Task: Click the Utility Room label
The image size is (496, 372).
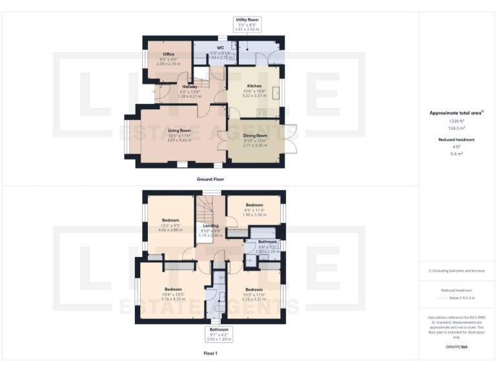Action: pyautogui.click(x=247, y=20)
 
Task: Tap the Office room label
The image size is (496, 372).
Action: pyautogui.click(x=169, y=54)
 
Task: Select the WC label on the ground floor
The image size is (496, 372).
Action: pyautogui.click(x=220, y=48)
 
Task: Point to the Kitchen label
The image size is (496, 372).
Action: pyautogui.click(x=254, y=86)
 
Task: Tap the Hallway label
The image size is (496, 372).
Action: pyautogui.click(x=189, y=87)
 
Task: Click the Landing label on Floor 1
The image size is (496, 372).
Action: pyautogui.click(x=210, y=225)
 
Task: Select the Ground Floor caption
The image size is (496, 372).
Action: pyautogui.click(x=210, y=179)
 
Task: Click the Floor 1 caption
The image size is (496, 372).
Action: pyautogui.click(x=210, y=353)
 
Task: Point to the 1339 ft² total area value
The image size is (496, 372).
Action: pyautogui.click(x=456, y=121)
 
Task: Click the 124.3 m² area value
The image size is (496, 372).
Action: pyautogui.click(x=456, y=128)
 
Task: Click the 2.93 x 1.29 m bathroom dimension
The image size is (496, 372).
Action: pyautogui.click(x=219, y=339)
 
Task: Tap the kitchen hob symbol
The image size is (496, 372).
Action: pyautogui.click(x=263, y=112)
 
